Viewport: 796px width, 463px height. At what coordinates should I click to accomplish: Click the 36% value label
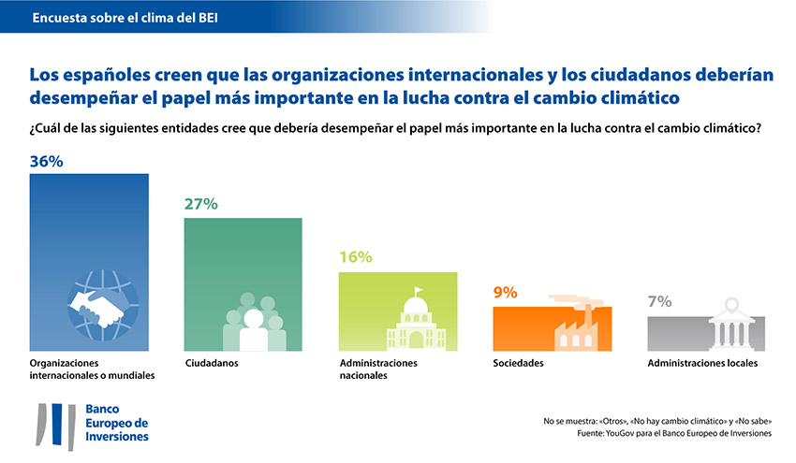click(x=47, y=162)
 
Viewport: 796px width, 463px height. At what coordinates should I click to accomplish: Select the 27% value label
click(x=200, y=204)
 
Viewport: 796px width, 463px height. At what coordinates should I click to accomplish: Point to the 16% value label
click(x=355, y=257)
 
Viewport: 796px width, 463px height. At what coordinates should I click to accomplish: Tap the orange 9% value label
click(x=506, y=293)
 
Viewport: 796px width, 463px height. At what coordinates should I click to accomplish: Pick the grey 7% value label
click(x=659, y=301)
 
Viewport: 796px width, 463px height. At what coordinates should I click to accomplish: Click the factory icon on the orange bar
click(x=570, y=324)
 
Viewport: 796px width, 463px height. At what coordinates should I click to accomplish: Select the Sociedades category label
click(x=518, y=363)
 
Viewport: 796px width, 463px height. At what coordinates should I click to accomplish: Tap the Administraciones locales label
click(x=702, y=363)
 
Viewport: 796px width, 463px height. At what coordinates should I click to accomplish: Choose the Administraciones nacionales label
click(x=377, y=369)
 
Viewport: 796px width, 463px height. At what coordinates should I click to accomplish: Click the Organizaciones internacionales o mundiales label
click(x=92, y=369)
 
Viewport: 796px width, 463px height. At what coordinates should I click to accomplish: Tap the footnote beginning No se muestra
click(x=656, y=420)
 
